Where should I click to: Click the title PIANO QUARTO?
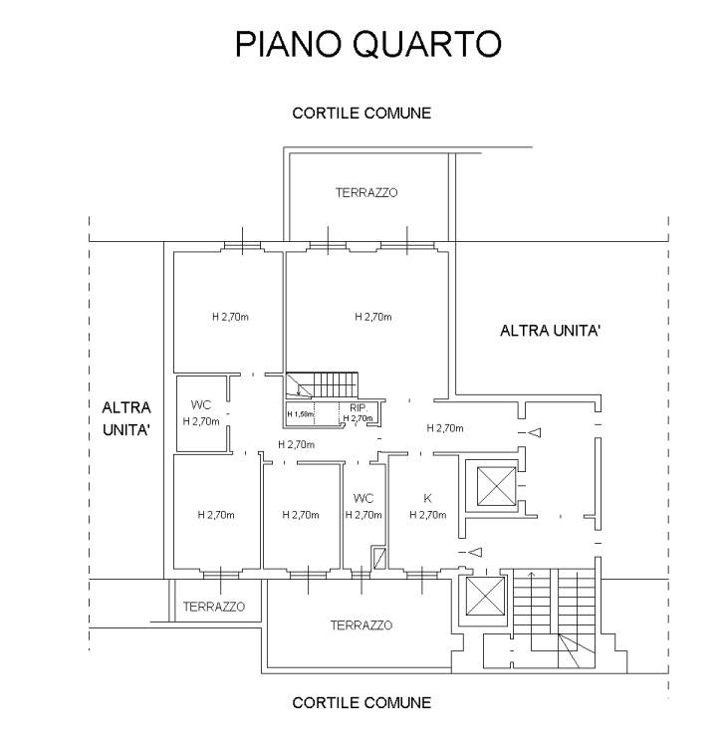(367, 45)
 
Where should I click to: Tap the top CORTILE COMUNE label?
(362, 114)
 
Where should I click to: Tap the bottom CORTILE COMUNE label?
(362, 703)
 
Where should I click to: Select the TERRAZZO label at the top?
(366, 193)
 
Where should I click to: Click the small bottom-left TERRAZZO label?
(213, 607)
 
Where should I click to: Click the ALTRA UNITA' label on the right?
(550, 331)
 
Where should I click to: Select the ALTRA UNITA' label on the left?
(126, 419)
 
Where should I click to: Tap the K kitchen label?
(427, 497)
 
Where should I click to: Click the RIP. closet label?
(357, 408)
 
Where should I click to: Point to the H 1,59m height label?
(301, 414)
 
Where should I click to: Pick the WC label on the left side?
(200, 405)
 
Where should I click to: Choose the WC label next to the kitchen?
(362, 498)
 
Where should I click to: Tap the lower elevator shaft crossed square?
(485, 599)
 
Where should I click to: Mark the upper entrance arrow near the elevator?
(534, 433)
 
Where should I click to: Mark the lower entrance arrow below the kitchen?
(475, 552)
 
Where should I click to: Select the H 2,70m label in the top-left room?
(230, 318)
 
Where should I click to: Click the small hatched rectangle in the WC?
(377, 558)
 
